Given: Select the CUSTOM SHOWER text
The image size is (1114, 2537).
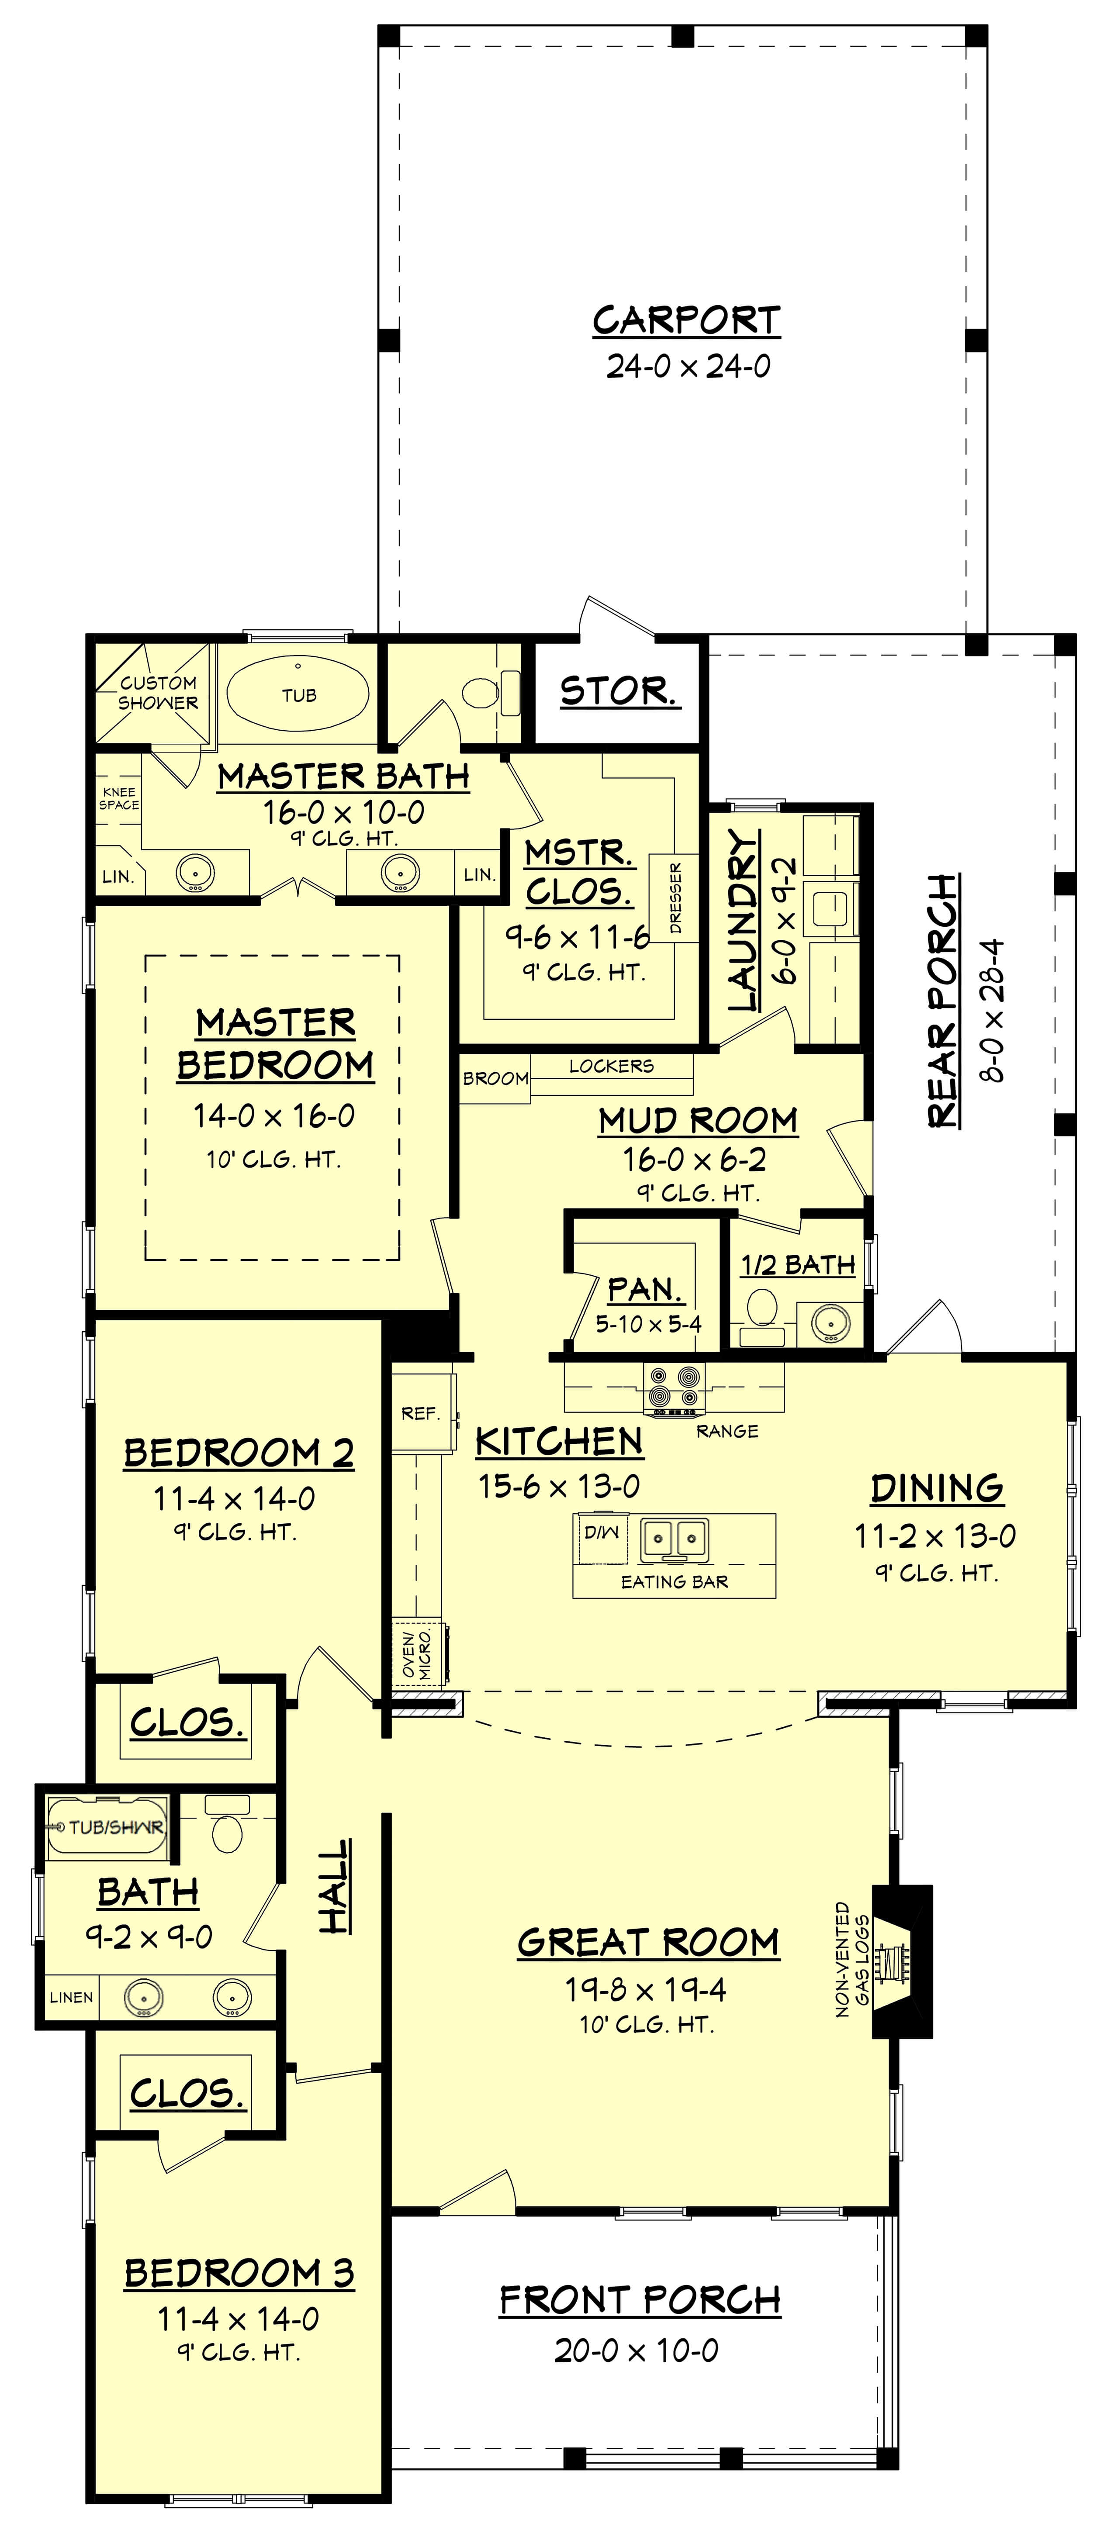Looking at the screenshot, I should click(158, 692).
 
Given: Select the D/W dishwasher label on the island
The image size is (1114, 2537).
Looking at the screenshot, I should click(601, 1533).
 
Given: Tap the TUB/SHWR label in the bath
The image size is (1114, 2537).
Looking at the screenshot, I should click(115, 1827).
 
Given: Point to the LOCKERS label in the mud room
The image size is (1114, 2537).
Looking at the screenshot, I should click(611, 1066).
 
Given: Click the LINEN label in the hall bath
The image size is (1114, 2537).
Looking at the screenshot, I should click(71, 1997).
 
